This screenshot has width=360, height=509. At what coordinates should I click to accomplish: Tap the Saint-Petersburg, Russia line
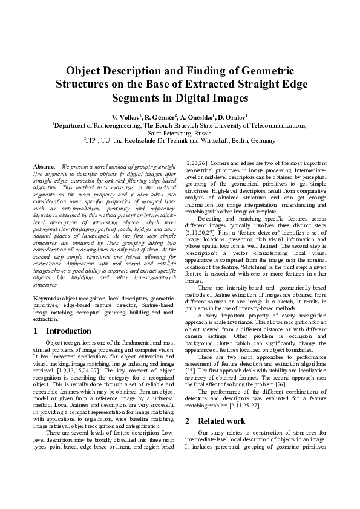180,132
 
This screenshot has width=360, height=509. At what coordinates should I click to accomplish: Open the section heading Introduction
68,331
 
